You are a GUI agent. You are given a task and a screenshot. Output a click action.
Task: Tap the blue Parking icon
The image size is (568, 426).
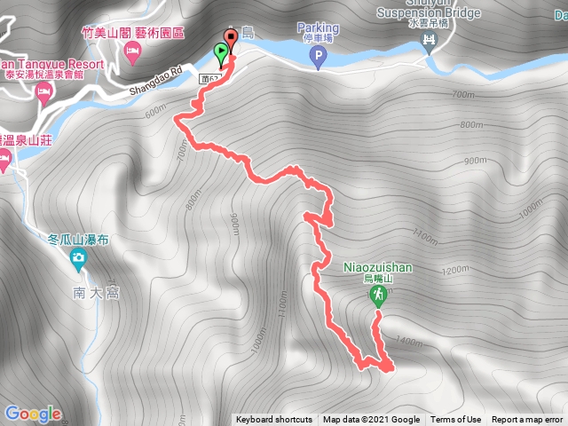click(317, 59)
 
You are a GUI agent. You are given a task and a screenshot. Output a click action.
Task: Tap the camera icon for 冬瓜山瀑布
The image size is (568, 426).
click(78, 259)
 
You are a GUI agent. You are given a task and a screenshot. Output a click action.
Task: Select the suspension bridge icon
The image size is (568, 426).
click(431, 41)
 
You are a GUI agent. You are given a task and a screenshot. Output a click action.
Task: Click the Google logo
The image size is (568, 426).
click(32, 414)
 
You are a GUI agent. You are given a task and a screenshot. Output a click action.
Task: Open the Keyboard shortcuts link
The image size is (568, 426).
click(273, 420)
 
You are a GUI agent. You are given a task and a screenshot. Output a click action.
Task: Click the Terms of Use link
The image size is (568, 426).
click(456, 420)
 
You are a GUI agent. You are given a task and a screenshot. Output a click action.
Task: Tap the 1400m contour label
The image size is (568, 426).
click(410, 340)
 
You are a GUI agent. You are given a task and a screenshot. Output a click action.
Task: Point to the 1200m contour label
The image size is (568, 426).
click(454, 270)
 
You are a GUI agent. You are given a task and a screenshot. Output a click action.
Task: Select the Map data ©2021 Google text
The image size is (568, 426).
click(371, 420)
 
